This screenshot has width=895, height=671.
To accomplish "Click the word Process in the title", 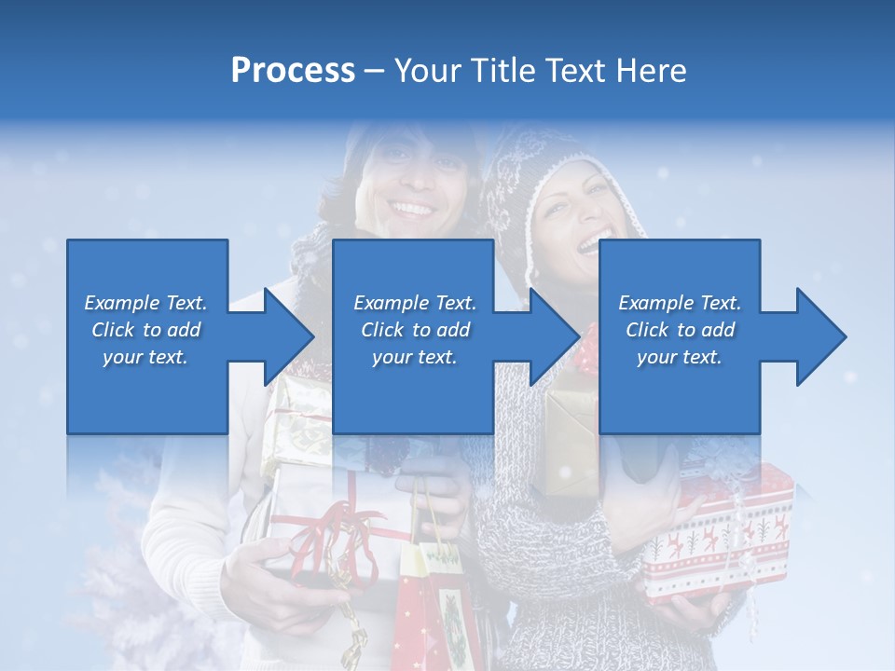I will (x=293, y=71).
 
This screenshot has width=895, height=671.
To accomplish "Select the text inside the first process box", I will (x=146, y=330).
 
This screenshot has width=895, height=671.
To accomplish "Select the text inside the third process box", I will (x=680, y=330).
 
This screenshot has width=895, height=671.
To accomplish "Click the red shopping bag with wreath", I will (x=438, y=596).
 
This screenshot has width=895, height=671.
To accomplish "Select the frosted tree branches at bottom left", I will (x=112, y=578).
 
